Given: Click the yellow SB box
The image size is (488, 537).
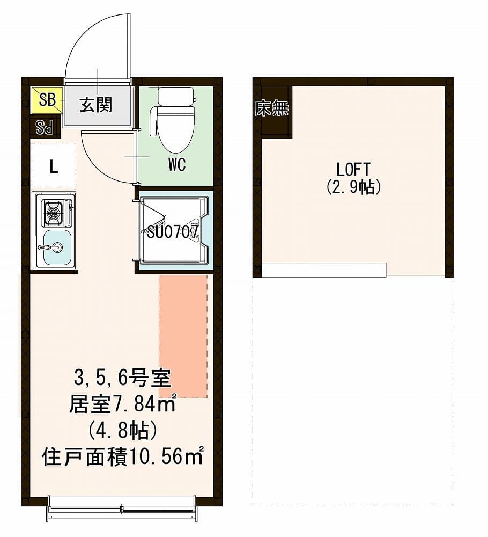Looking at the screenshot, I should click(47, 99).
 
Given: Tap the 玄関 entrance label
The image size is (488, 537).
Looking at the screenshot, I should click(96, 105).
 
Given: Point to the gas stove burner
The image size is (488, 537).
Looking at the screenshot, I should click(53, 213).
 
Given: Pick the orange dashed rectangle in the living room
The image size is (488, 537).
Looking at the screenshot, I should click(183, 336).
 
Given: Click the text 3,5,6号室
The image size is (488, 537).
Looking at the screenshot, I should click(122, 379).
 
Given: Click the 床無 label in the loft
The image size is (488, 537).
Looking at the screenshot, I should click(271, 109).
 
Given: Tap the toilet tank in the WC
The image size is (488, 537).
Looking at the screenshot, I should click(175, 96).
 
